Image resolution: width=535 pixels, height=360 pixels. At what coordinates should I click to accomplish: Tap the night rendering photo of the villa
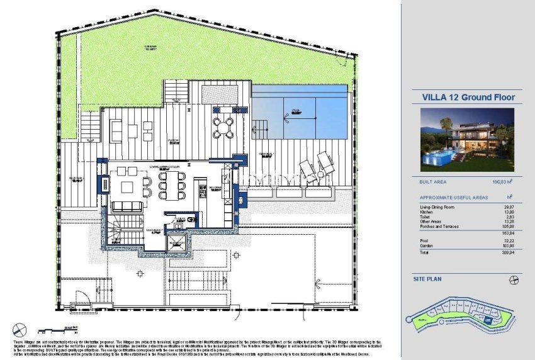pyautogui.click(x=467, y=140)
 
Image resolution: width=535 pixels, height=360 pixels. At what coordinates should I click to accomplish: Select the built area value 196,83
pyautogui.click(x=498, y=182)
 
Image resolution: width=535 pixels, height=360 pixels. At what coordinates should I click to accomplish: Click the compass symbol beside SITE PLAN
pyautogui.click(x=514, y=278)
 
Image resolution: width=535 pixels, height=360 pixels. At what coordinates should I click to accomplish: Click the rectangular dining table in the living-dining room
pyautogui.click(x=171, y=186)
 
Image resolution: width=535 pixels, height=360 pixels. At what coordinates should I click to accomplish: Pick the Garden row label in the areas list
pyautogui.click(x=427, y=245)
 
